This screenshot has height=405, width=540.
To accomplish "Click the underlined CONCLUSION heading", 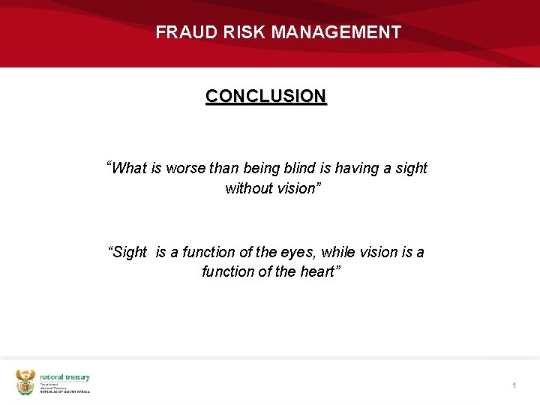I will pyautogui.click(x=266, y=97).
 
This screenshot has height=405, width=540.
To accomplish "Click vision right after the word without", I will pyautogui.click(x=298, y=188).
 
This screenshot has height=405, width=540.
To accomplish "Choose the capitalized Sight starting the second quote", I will pyautogui.click(x=130, y=253).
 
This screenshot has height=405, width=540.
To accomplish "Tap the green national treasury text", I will pyautogui.click(x=64, y=377).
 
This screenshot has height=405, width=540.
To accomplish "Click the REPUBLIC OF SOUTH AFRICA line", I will pyautogui.click(x=64, y=391).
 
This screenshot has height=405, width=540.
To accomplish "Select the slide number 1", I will pyautogui.click(x=514, y=385).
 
